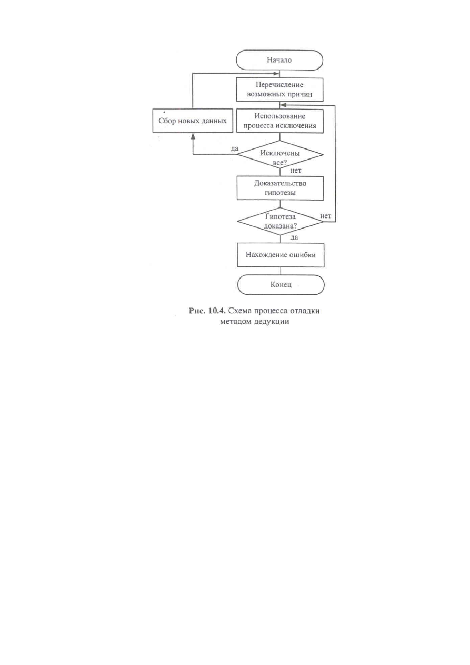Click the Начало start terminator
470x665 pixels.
coord(279,60)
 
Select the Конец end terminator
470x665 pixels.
coord(281,285)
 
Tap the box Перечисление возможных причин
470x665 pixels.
coord(279,90)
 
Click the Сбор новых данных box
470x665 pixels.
coord(193,121)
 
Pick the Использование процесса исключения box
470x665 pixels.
coord(280,121)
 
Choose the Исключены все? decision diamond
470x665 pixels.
coord(280,155)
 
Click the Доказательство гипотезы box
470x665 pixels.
coord(280,188)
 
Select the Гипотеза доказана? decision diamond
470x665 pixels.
coord(281,222)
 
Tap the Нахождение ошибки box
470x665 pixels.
coord(281,255)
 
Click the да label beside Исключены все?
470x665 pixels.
coord(234,148)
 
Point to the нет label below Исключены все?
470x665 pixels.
coord(296,171)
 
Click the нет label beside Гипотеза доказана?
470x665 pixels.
coord(325,216)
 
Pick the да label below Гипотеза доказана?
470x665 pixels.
coord(294,237)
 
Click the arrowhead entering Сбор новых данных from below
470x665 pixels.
coord(193,136)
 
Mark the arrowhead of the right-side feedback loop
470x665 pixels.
coord(283,105)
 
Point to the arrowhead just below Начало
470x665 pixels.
coord(276,74)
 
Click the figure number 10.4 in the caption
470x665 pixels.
coord(217,311)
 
